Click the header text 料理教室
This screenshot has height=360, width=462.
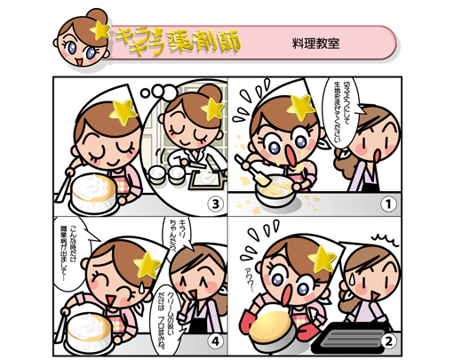click(x=315, y=42)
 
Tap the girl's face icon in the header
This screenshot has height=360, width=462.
click(x=80, y=41)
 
